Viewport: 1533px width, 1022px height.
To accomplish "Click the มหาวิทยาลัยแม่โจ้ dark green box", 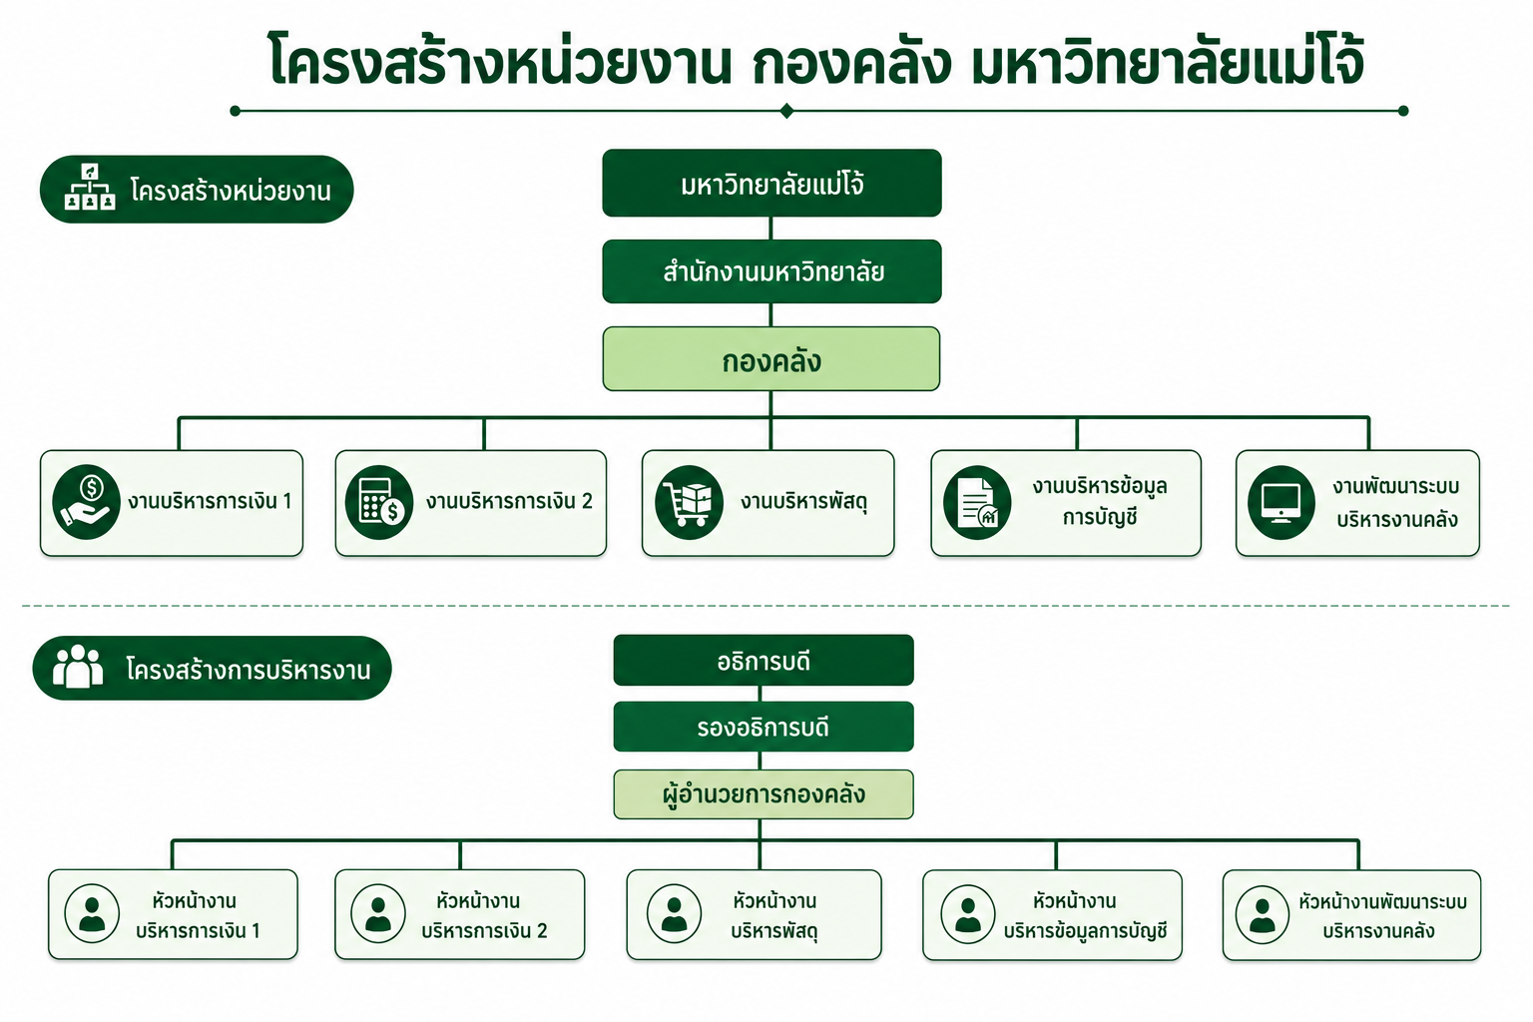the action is click(771, 183).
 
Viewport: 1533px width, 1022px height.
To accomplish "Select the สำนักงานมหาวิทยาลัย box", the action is click(771, 271).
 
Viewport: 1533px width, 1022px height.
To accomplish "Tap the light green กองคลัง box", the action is click(771, 358).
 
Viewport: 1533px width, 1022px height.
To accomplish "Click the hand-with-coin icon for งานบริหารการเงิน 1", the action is click(86, 502).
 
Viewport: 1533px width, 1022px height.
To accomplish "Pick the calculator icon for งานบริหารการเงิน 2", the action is click(379, 502).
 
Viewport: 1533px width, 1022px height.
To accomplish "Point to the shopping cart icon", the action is click(689, 502).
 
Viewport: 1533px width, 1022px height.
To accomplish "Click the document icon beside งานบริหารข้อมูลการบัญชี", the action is click(977, 502).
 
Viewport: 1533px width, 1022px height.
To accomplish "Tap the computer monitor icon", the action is click(1281, 502).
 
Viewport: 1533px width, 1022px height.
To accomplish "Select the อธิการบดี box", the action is click(764, 660).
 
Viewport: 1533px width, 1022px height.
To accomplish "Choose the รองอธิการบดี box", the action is click(764, 727).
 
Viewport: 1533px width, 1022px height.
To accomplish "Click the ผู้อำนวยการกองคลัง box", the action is click(764, 794).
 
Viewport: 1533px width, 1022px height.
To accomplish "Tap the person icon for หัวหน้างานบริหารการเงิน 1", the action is click(92, 914).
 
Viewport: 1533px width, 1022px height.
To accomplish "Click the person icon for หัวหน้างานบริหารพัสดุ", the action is click(674, 914).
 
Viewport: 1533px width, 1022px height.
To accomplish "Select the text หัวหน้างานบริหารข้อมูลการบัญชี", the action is click(1085, 916).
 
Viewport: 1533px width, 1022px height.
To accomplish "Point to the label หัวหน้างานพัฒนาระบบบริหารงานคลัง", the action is click(1382, 916).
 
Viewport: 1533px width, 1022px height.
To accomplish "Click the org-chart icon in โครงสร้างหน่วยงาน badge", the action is click(90, 187).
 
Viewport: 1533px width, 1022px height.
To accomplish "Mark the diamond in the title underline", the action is click(786, 111).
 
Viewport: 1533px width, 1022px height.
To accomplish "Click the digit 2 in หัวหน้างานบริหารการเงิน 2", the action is click(541, 931).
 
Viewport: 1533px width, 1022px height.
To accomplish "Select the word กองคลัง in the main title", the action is click(851, 63).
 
